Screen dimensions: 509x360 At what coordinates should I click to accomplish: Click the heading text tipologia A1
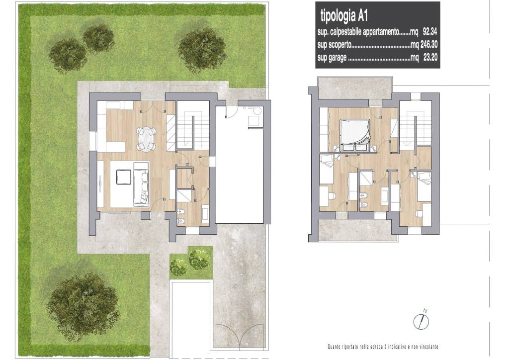tap(344, 16)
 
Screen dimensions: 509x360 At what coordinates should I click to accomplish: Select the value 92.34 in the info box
tap(430, 31)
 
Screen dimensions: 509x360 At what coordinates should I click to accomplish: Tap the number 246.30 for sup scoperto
tap(429, 44)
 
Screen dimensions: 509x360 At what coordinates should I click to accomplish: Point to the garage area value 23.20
tap(430, 58)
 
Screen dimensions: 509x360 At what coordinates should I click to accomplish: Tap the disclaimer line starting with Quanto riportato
tap(383, 347)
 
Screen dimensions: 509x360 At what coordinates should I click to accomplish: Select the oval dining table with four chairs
tap(146, 139)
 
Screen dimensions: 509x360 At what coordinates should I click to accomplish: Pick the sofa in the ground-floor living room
tap(141, 183)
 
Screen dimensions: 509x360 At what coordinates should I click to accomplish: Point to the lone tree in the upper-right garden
tap(202, 48)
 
